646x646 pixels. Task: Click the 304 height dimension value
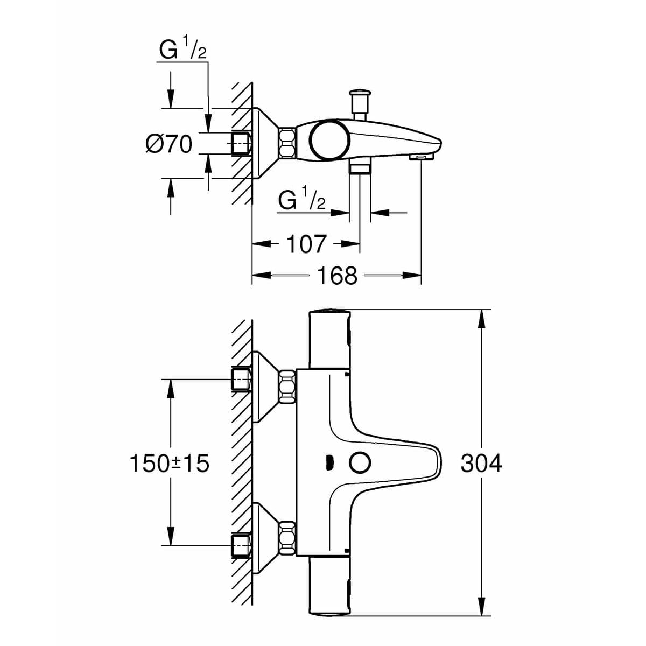pyautogui.click(x=481, y=463)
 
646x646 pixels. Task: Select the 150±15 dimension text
pyautogui.click(x=169, y=463)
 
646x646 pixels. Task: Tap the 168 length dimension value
pyautogui.click(x=337, y=276)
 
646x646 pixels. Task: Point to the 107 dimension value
pyautogui.click(x=306, y=244)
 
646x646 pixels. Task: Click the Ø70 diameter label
pyautogui.click(x=168, y=144)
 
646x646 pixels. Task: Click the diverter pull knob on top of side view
pyautogui.click(x=359, y=97)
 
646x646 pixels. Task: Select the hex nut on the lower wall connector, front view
pyautogui.click(x=287, y=538)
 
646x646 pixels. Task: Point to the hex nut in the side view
pyautogui.click(x=287, y=143)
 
